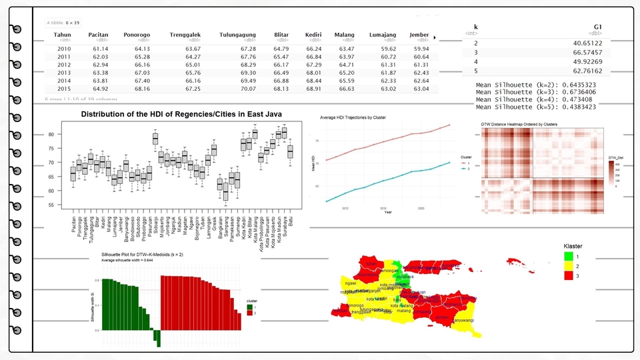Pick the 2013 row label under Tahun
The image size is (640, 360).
click(64, 73)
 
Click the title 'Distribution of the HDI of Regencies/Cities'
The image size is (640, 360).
click(181, 114)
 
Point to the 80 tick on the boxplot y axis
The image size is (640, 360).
click(51, 135)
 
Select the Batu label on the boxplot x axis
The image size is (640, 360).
click(290, 220)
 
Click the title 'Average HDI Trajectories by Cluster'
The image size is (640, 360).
click(353, 117)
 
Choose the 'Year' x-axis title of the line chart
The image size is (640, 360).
click(387, 212)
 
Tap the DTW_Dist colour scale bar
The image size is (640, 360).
click(611, 174)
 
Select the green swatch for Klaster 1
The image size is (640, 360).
click(569, 257)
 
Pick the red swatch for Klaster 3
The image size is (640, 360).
click(569, 275)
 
